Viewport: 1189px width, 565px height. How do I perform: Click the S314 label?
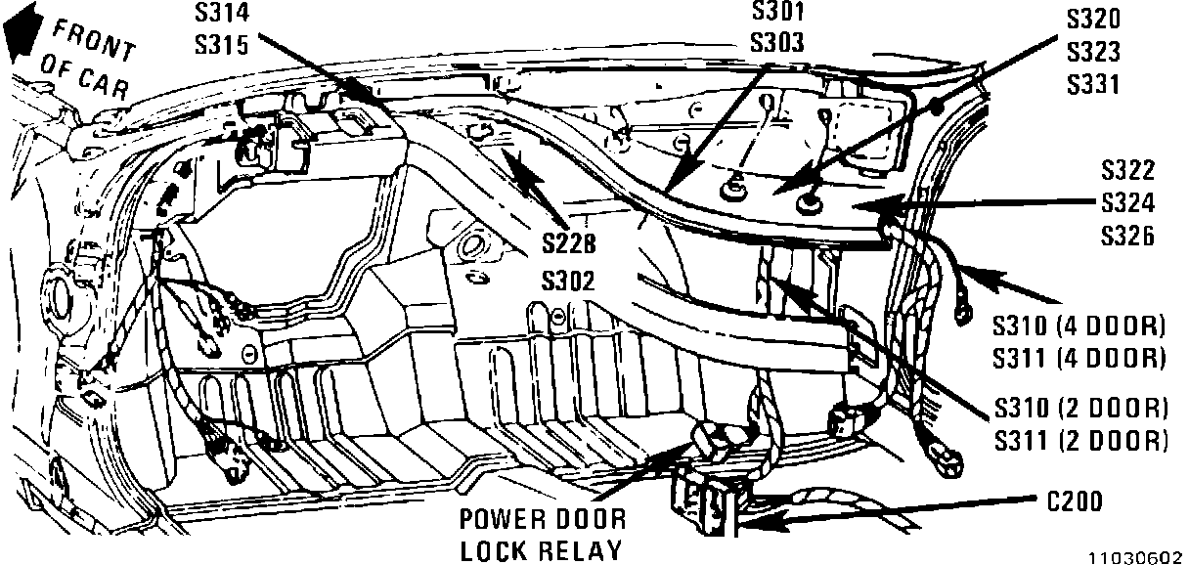point(222,14)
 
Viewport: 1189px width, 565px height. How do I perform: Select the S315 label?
point(222,45)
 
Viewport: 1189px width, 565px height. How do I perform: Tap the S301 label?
point(777,13)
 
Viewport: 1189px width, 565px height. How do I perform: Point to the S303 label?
point(777,43)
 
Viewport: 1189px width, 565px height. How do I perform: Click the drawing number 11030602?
point(1138,554)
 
